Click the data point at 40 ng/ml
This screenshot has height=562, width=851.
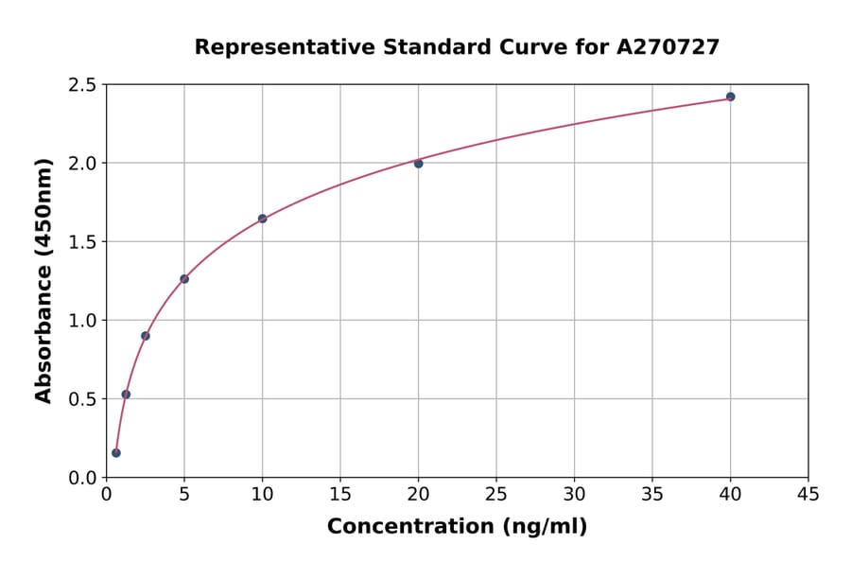[730, 97]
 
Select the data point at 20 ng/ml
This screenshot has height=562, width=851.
[418, 164]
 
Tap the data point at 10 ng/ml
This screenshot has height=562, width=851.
[262, 219]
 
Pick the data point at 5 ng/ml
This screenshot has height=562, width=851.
[184, 279]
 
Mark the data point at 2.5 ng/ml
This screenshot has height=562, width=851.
[146, 336]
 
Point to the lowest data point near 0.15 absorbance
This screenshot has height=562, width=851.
[116, 453]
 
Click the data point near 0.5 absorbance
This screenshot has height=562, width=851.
[126, 395]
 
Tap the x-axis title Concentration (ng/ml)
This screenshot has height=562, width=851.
[457, 527]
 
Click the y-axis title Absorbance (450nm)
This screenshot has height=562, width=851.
[43, 281]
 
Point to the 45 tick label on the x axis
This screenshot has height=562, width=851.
[808, 494]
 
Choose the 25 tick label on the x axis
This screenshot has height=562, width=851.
[496, 494]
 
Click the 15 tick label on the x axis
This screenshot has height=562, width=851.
[340, 494]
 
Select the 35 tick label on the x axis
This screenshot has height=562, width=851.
[652, 494]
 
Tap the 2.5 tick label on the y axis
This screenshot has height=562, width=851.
[83, 85]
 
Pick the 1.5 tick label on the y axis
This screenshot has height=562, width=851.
[83, 242]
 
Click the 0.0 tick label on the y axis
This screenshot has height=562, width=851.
[83, 478]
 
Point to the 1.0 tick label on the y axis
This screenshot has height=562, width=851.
[83, 321]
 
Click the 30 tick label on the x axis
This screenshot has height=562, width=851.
[574, 494]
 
